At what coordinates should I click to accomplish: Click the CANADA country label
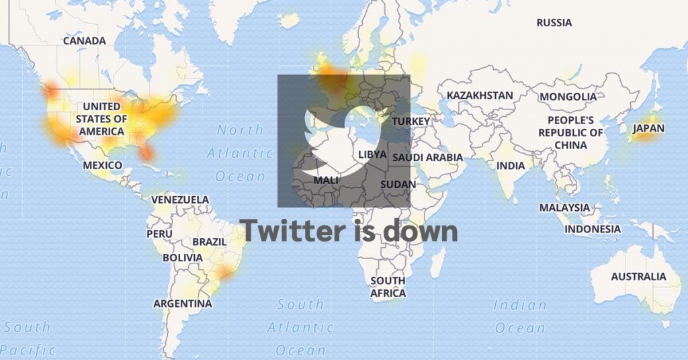tap(84, 41)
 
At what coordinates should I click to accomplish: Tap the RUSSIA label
tap(554, 23)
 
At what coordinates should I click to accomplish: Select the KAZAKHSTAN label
tap(480, 95)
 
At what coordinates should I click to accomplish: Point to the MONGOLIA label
tap(568, 97)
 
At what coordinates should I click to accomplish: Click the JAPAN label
tap(648, 128)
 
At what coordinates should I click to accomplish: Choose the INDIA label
tap(511, 166)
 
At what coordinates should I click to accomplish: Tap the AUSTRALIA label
tap(638, 276)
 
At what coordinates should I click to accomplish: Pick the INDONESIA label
tap(593, 229)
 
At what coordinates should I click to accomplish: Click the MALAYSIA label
tap(564, 208)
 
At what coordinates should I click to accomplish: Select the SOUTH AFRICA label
tap(388, 287)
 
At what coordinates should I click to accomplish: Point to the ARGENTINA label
tap(183, 304)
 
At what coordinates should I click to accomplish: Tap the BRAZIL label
tap(209, 241)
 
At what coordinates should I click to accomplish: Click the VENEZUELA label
tap(180, 199)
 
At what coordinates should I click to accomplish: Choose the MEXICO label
tap(102, 165)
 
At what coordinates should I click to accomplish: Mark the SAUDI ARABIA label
tap(428, 157)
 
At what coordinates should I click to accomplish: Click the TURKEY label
tap(411, 121)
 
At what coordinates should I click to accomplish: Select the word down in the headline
tap(421, 231)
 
